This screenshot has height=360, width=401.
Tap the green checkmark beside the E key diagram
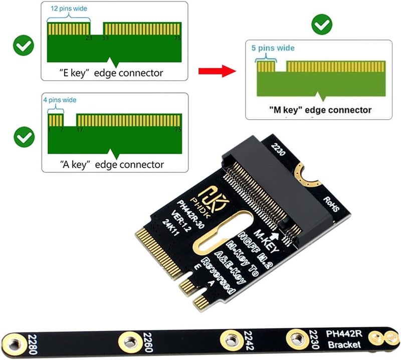[x=23, y=47]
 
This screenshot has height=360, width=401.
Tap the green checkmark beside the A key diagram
[x=23, y=136]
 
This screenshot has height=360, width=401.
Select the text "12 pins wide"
[x=68, y=9]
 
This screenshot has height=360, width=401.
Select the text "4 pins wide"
[x=60, y=100]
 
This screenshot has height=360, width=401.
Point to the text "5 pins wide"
[x=273, y=48]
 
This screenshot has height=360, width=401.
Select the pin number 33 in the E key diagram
[x=105, y=38]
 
